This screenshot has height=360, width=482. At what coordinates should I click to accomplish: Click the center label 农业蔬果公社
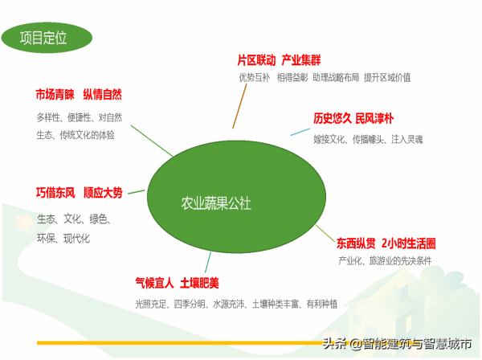(217, 203)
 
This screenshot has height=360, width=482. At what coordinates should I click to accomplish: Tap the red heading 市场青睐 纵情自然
(79, 94)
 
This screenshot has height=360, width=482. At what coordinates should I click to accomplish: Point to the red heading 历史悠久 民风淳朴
(353, 119)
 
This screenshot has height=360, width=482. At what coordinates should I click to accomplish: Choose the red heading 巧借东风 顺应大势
(79, 193)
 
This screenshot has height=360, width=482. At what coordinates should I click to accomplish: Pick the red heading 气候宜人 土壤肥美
(177, 283)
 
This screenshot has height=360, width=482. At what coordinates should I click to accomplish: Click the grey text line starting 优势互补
(324, 78)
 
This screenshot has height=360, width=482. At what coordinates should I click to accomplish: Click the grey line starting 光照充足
(236, 304)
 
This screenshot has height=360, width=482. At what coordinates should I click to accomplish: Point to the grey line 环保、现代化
(63, 239)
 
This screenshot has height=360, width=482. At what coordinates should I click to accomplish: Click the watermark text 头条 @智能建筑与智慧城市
(397, 345)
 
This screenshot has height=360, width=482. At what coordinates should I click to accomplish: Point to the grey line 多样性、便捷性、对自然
(79, 117)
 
